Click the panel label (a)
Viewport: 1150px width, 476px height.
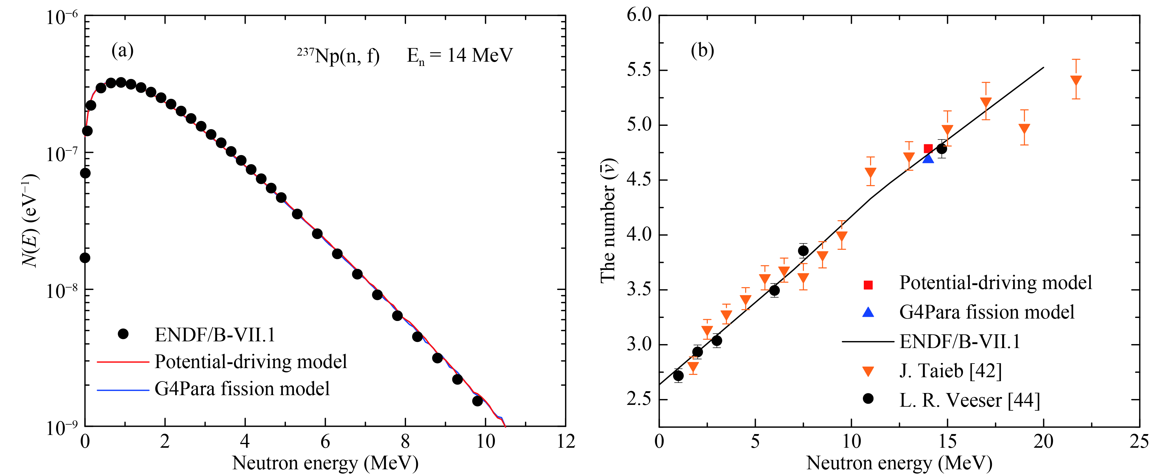pos(122,50)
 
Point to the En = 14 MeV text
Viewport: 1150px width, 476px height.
pos(460,56)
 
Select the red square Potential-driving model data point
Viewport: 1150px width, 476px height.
pos(928,149)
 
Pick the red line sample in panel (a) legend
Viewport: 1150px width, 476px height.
pos(123,362)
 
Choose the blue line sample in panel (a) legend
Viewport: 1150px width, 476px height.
pos(123,389)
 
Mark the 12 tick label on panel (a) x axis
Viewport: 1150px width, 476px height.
pos(566,442)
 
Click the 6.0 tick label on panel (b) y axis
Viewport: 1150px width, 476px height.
pos(639,15)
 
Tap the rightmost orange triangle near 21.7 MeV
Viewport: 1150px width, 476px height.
pos(1076,81)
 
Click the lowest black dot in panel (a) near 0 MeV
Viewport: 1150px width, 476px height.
pos(85,258)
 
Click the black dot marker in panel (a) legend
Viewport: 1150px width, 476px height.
pos(123,334)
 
